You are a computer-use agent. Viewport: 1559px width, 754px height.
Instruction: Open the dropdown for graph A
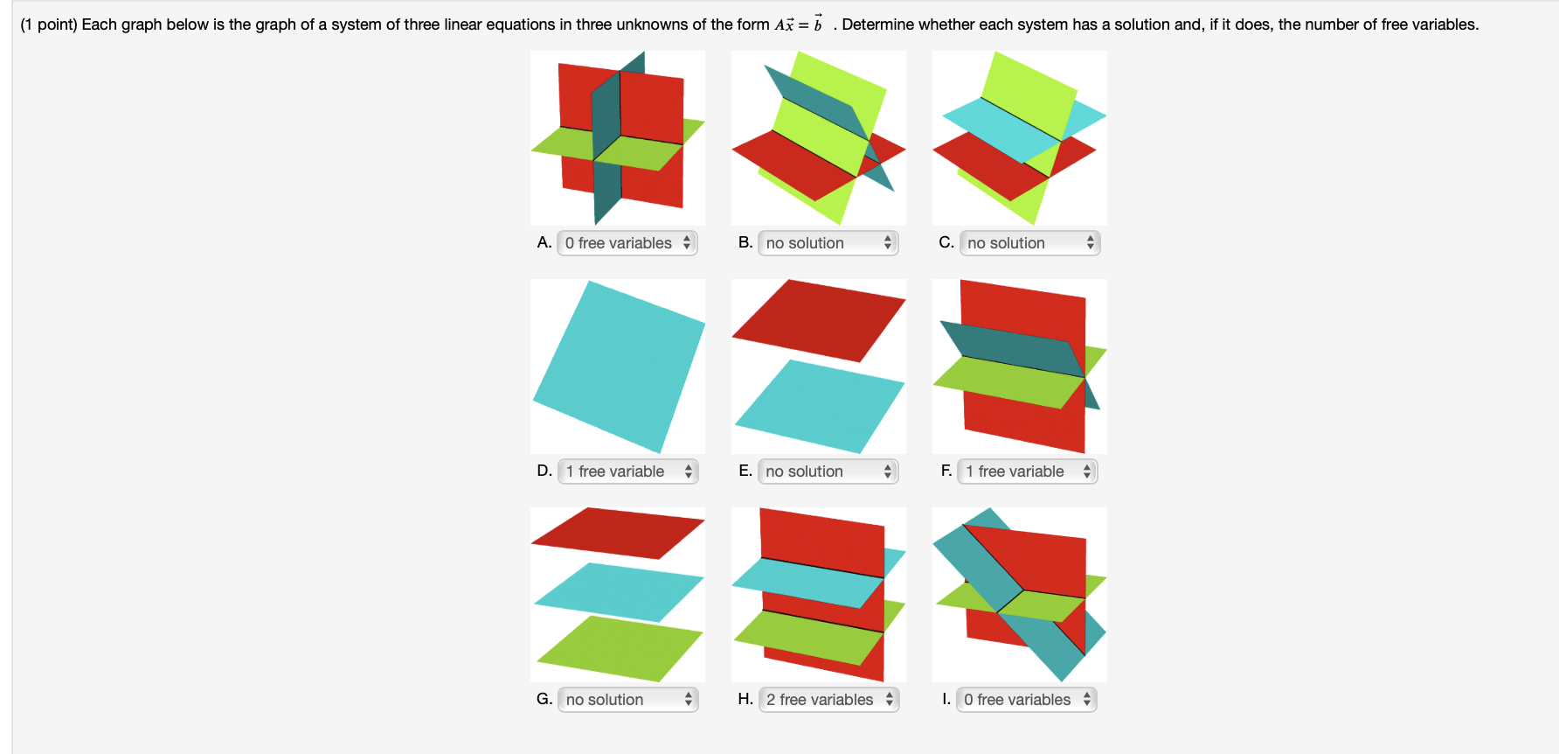pyautogui.click(x=627, y=243)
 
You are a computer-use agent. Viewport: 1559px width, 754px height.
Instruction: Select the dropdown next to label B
pyautogui.click(x=828, y=243)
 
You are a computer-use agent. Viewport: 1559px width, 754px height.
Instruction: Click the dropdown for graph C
pyautogui.click(x=1029, y=243)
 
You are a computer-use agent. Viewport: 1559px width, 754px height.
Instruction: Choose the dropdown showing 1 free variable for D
pyautogui.click(x=627, y=471)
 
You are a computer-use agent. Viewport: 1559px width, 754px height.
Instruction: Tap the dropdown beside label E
pyautogui.click(x=828, y=471)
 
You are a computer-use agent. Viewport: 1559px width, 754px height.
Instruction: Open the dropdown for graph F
pyautogui.click(x=1027, y=471)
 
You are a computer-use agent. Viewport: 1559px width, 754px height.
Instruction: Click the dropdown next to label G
pyautogui.click(x=627, y=700)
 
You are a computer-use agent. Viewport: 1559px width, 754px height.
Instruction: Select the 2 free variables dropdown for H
pyautogui.click(x=828, y=700)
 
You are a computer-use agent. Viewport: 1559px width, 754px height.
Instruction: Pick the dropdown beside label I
pyautogui.click(x=1026, y=700)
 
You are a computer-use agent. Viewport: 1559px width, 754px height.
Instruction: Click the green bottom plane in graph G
pyautogui.click(x=619, y=649)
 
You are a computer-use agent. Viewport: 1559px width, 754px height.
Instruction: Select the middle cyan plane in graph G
pyautogui.click(x=619, y=592)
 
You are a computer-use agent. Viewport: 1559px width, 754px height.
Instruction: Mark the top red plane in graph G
pyautogui.click(x=617, y=532)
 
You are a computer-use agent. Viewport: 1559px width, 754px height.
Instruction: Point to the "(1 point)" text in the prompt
pyautogui.click(x=49, y=24)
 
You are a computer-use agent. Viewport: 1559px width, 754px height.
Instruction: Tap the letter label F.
pyautogui.click(x=946, y=471)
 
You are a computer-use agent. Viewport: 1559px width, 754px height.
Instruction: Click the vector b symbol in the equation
pyautogui.click(x=818, y=24)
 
